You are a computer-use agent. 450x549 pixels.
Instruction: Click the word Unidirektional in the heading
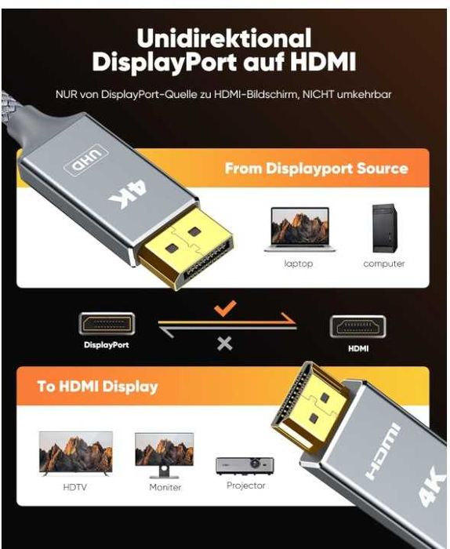223,38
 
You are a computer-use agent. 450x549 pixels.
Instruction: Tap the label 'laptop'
298,264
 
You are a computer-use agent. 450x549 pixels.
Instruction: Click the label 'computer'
384,264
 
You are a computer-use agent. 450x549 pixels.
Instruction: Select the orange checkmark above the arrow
226,308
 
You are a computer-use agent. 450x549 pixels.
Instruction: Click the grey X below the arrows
225,343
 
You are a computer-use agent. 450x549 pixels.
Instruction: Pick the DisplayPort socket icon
107,324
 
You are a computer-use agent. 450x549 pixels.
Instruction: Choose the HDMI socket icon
357,327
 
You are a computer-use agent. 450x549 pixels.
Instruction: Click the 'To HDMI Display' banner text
98,386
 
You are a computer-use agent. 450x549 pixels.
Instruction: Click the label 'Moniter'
165,487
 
